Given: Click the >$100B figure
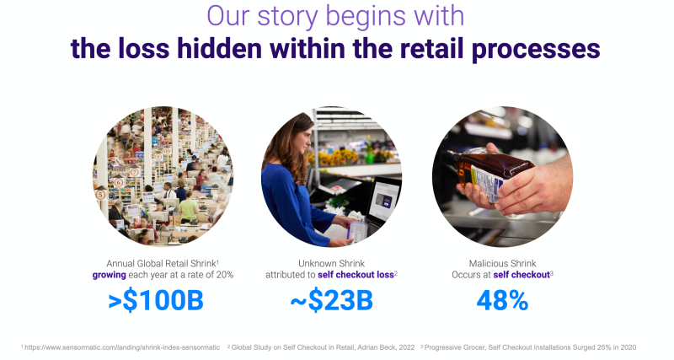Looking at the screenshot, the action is click(x=156, y=301).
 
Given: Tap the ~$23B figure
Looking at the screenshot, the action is click(x=331, y=301).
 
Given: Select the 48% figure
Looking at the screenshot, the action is click(x=502, y=301).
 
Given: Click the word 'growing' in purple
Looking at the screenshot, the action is click(x=110, y=275).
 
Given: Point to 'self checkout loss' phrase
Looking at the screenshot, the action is click(x=356, y=275).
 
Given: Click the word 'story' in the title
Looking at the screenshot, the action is click(x=288, y=16).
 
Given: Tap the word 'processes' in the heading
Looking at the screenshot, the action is click(x=536, y=49).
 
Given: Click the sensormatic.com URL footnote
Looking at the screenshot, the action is click(x=120, y=347).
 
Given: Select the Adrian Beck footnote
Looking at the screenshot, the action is click(x=321, y=347).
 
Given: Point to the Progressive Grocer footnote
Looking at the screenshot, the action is click(x=528, y=347).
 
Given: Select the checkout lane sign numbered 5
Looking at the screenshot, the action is click(x=100, y=195).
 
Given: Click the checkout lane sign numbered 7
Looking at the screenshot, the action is click(x=135, y=172).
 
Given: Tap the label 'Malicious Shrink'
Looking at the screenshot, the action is click(x=502, y=263).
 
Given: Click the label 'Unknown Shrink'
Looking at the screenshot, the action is click(x=331, y=263).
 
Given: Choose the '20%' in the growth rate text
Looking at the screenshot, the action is click(x=225, y=275).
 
